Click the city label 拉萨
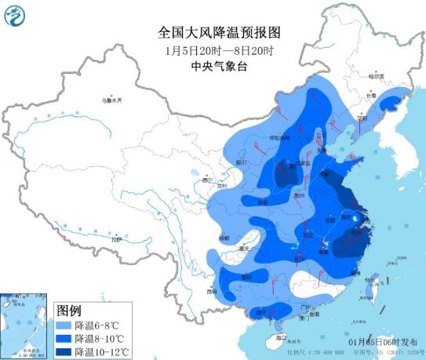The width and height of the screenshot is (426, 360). [x=117, y=240]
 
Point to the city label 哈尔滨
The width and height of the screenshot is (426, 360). [x=378, y=77]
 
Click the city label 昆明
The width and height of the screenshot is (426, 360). [x=211, y=291]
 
